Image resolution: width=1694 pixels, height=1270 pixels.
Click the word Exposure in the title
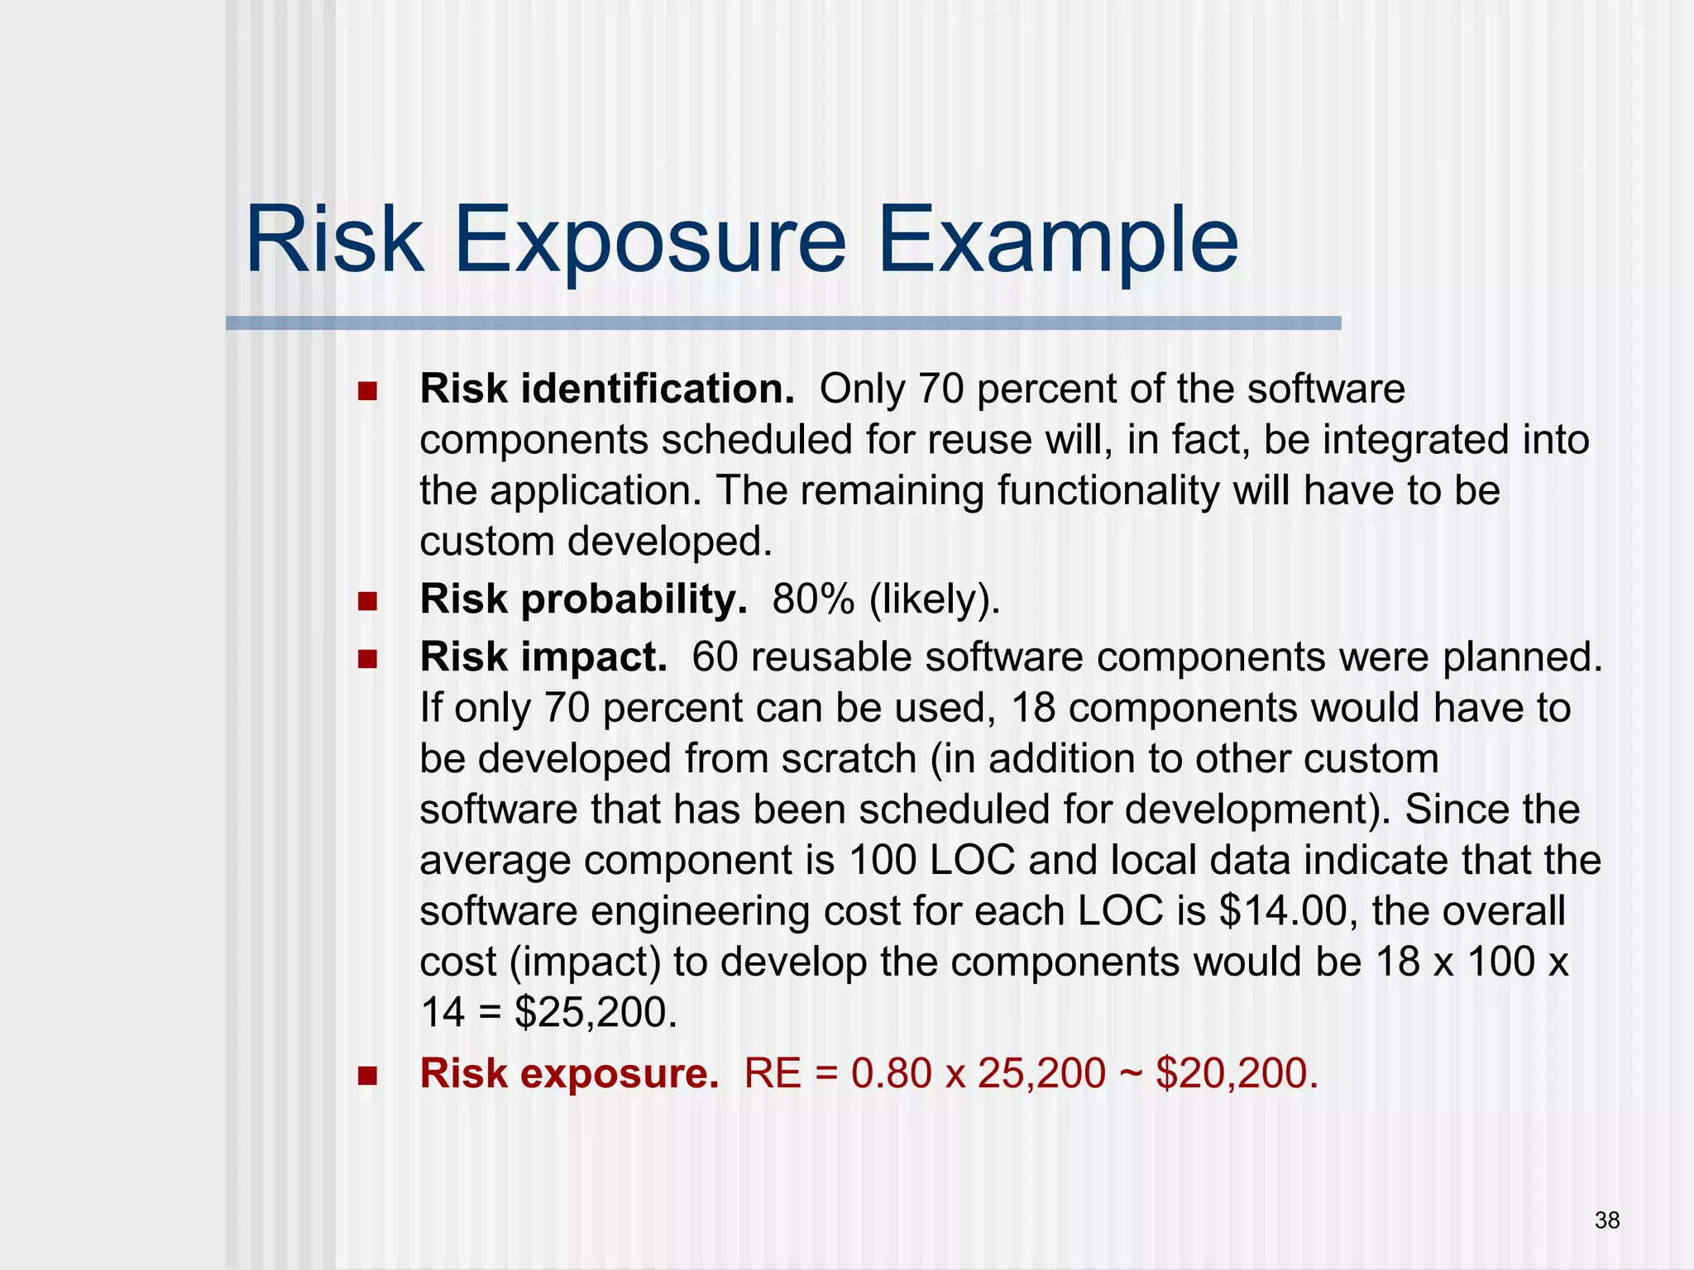click(x=650, y=241)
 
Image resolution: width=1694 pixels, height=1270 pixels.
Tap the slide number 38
click(x=1607, y=1220)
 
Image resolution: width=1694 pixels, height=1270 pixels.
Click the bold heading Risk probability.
click(x=583, y=599)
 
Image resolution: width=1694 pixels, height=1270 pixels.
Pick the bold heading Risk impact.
click(x=543, y=657)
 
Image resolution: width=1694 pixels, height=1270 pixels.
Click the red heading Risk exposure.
click(x=569, y=1073)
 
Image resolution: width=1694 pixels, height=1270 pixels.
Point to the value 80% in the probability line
click(x=813, y=599)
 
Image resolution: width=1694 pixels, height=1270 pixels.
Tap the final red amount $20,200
click(x=1235, y=1073)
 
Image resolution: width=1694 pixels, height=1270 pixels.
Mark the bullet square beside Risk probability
click(x=367, y=600)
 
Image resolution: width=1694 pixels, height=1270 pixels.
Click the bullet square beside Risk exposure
click(x=367, y=1075)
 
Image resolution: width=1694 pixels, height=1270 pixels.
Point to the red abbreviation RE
click(x=773, y=1073)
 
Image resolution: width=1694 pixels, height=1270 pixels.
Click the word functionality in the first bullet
click(x=1108, y=490)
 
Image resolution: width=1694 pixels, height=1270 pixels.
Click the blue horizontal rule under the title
click(x=782, y=323)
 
